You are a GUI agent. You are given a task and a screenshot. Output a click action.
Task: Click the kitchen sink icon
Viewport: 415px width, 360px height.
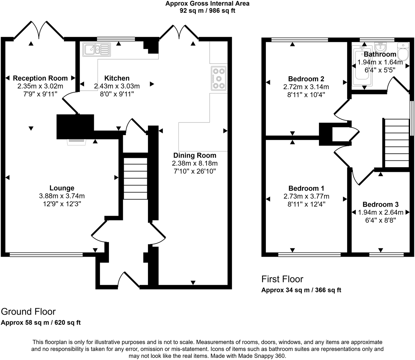click(x=97, y=49)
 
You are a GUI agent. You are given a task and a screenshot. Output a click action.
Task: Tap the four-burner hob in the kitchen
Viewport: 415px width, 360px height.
click(x=219, y=78)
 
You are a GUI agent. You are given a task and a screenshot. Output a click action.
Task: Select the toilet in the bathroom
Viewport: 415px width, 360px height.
click(x=403, y=52)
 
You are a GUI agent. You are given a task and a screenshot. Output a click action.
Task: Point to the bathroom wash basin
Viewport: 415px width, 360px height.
click(x=381, y=47)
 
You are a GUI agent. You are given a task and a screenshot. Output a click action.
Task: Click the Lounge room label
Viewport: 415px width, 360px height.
click(x=62, y=188)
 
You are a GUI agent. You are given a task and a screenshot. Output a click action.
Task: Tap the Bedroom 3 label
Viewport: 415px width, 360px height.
click(x=380, y=204)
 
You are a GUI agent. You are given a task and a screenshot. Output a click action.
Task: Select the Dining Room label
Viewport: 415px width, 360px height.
click(x=195, y=155)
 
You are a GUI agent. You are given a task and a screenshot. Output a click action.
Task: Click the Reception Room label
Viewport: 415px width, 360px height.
click(x=40, y=78)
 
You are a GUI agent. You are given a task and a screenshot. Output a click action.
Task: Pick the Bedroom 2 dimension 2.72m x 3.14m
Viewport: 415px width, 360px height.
click(x=306, y=87)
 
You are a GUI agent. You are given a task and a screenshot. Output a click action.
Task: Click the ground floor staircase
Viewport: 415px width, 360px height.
click(x=135, y=179)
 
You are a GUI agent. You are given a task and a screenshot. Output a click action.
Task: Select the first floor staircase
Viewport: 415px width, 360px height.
click(x=396, y=143)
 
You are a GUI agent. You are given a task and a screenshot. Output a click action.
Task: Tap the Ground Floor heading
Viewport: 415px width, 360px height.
click(x=28, y=312)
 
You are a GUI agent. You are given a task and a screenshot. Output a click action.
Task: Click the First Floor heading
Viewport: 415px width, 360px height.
click(x=282, y=279)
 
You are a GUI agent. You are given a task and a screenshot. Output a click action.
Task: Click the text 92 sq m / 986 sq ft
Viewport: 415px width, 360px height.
click(x=207, y=11)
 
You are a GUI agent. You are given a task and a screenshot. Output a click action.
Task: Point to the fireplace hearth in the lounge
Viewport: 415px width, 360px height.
click(x=76, y=141)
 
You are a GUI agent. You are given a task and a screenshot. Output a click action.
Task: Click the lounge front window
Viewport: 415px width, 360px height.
click(x=46, y=254)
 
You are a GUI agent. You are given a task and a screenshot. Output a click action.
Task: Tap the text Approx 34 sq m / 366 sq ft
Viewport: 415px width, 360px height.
click(x=301, y=290)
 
